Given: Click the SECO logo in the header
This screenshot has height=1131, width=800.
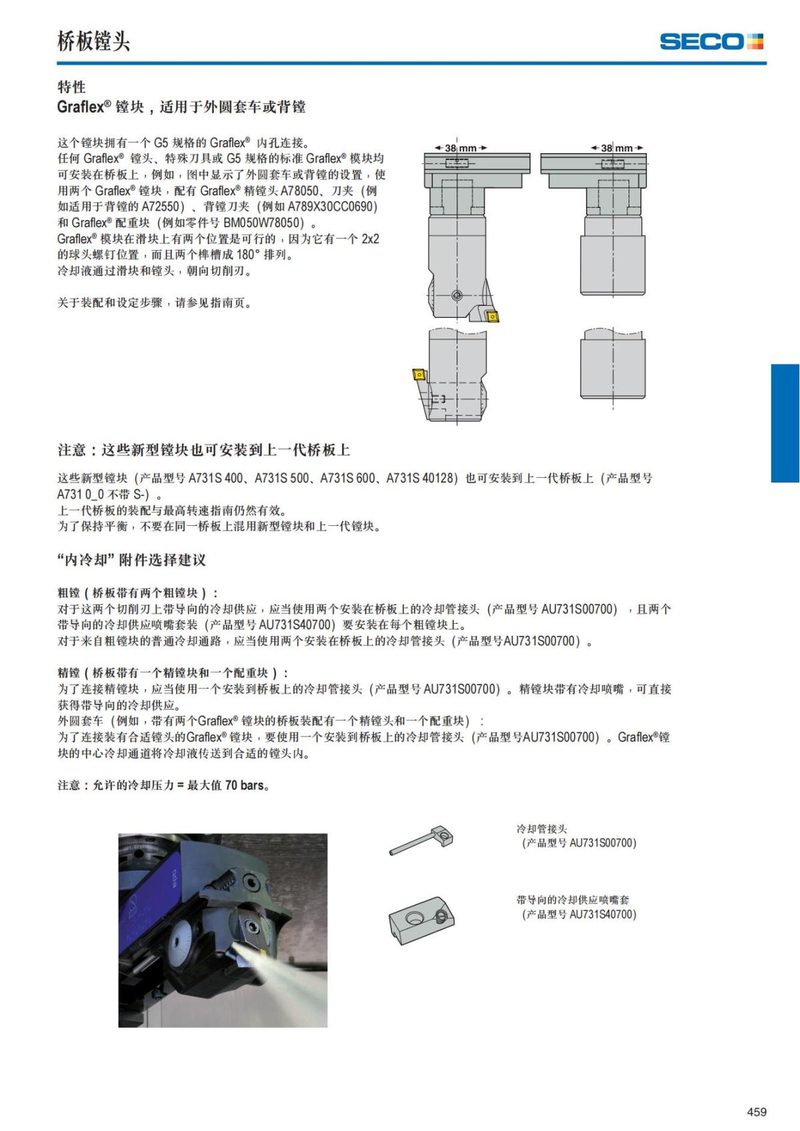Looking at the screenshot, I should (711, 41).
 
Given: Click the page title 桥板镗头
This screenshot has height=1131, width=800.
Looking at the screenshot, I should (93, 41).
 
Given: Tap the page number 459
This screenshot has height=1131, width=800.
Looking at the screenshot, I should (756, 1112).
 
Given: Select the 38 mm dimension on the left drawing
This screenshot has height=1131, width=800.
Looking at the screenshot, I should (461, 148).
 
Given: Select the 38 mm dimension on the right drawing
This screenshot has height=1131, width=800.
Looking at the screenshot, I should (617, 148).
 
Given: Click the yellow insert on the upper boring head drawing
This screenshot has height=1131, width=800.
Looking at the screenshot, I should (493, 316).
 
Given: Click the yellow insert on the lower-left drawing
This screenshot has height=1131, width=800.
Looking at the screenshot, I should (419, 374).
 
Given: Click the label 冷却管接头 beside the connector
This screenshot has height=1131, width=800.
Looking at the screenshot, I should (542, 829).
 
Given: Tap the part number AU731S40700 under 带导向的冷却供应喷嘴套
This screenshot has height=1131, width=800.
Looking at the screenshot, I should (601, 914).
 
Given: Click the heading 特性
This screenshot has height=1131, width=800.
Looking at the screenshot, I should (71, 87).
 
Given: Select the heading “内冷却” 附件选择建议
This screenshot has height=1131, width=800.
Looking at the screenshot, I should (132, 560).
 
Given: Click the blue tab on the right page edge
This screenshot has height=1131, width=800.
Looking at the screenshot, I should (785, 423).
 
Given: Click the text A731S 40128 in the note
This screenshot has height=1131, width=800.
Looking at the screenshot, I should (421, 478).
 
